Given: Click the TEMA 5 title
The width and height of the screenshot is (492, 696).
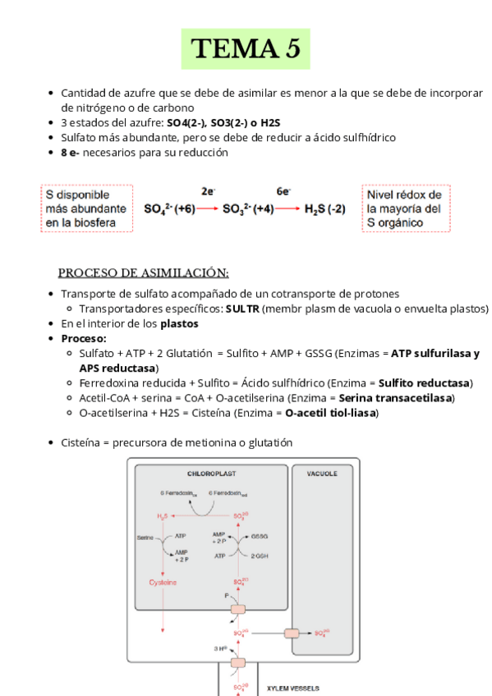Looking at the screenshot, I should pyautogui.click(x=246, y=49).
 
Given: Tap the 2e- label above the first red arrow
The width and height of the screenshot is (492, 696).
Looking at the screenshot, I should pyautogui.click(x=208, y=191).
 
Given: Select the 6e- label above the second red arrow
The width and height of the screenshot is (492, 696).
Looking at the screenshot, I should pyautogui.click(x=283, y=191).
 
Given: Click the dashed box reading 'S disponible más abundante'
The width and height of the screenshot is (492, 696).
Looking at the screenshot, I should pyautogui.click(x=86, y=208).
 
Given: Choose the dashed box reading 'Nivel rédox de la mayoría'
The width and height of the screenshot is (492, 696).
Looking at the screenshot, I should pyautogui.click(x=404, y=208).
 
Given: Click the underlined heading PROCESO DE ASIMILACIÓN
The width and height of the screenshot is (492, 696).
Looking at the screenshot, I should pyautogui.click(x=143, y=272).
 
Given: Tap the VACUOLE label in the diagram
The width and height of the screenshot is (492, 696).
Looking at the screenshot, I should pyautogui.click(x=322, y=474).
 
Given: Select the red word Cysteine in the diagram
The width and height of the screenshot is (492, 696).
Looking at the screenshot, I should pyautogui.click(x=163, y=583).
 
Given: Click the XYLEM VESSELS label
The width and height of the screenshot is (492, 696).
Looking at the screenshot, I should pyautogui.click(x=292, y=688).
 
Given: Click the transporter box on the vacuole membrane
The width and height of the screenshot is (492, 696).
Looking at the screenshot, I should pyautogui.click(x=292, y=633).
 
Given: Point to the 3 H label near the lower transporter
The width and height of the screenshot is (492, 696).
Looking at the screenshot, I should pyautogui.click(x=220, y=648).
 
